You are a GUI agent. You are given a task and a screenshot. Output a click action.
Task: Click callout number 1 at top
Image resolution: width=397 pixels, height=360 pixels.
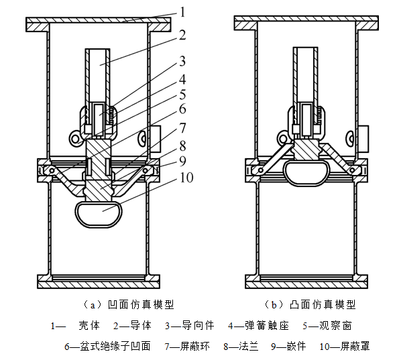pos(183,12)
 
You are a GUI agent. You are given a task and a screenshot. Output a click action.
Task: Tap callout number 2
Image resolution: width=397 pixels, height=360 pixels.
pos(182,35)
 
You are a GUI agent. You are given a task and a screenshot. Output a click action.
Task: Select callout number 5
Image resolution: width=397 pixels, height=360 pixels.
pos(182,95)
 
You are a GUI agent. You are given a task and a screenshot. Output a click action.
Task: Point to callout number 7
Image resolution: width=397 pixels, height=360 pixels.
pos(182,127)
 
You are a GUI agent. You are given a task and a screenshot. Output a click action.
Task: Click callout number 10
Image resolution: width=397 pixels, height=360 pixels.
pos(186,178)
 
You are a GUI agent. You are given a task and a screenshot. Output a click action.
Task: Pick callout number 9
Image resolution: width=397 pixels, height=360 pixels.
pos(182,162)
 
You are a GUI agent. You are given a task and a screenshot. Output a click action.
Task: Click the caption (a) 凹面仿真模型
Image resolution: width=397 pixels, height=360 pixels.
pos(129,304)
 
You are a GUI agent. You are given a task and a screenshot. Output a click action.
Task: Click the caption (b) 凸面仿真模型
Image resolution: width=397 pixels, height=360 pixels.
pos(310,304)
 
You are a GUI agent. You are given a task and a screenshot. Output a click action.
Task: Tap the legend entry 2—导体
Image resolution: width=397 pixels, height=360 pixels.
pos(132,326)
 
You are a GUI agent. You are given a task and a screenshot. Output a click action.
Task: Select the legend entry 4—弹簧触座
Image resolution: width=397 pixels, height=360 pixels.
pos(258,326)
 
